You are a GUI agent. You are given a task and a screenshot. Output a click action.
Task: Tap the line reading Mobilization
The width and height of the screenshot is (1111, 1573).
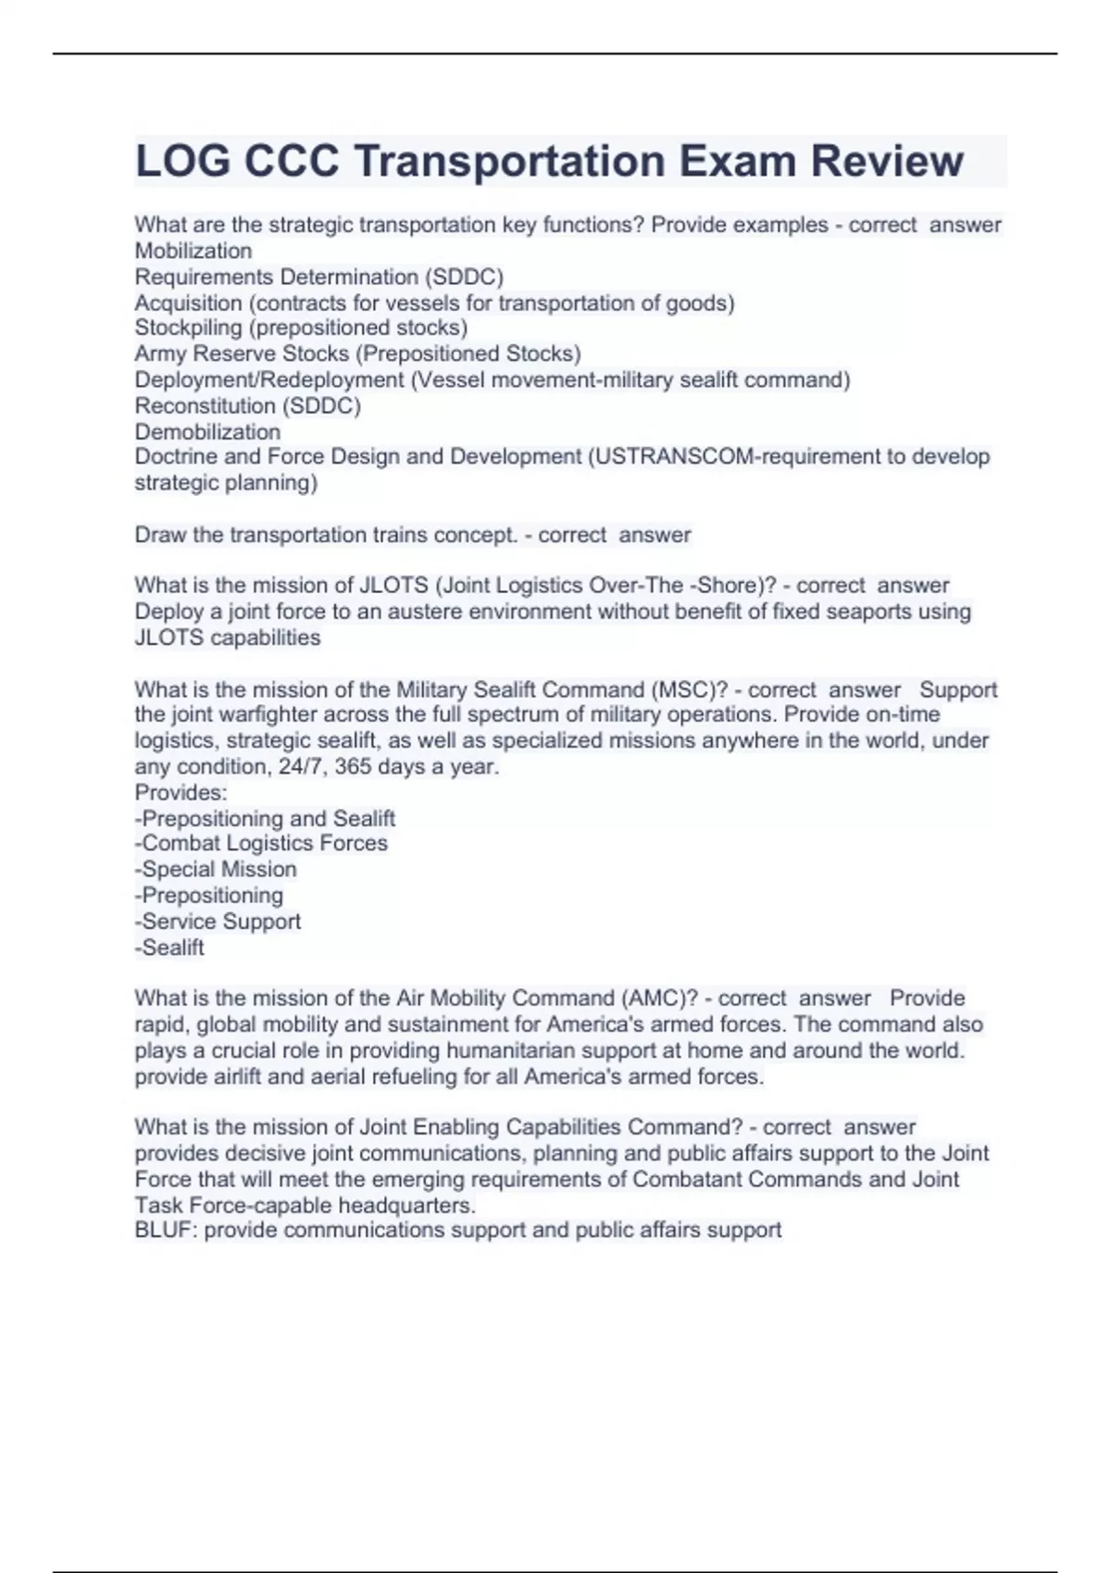pyautogui.click(x=193, y=251)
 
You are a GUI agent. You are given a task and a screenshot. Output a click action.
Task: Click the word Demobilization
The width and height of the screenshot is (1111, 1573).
pyautogui.click(x=207, y=431)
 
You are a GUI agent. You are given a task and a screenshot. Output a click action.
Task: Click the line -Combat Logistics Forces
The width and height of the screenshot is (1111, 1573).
pyautogui.click(x=261, y=843)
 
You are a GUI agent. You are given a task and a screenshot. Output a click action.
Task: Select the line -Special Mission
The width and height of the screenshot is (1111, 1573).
pyautogui.click(x=216, y=869)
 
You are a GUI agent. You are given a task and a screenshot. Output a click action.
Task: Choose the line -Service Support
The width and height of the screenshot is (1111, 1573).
pyautogui.click(x=218, y=922)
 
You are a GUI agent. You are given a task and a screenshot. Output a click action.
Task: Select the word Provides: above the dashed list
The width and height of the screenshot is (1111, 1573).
pyautogui.click(x=181, y=792)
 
